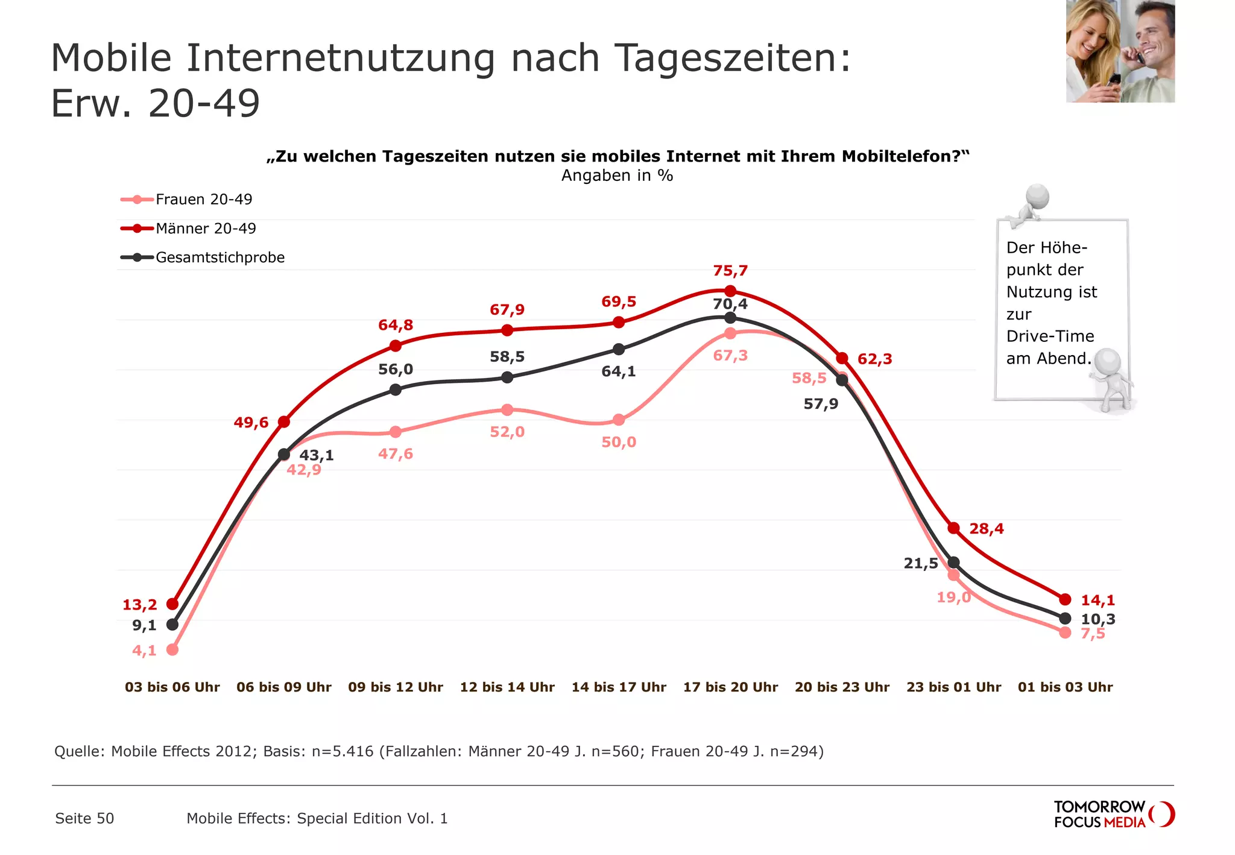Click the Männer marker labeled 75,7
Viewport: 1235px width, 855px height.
click(730, 291)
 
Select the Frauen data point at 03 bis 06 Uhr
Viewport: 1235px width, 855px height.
click(172, 649)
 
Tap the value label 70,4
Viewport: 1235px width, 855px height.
click(730, 304)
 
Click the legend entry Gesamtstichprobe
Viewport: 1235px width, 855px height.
click(220, 257)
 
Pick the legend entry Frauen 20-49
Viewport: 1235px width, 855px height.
click(203, 200)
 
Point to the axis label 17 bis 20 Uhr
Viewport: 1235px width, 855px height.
click(730, 687)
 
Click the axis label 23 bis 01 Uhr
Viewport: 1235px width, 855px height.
click(953, 687)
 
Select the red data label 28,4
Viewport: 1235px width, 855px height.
click(986, 529)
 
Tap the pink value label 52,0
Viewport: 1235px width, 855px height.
click(507, 432)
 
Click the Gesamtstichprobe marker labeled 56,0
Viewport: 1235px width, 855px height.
click(396, 390)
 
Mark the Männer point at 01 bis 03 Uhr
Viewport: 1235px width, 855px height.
click(1065, 599)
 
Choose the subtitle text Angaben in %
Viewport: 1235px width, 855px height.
click(617, 175)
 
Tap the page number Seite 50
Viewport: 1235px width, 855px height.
click(84, 818)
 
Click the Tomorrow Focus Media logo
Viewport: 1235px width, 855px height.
click(1113, 815)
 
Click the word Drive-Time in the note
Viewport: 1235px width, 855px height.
click(1050, 336)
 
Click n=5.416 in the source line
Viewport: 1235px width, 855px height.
click(342, 751)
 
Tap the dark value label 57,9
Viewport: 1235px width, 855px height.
click(821, 404)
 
